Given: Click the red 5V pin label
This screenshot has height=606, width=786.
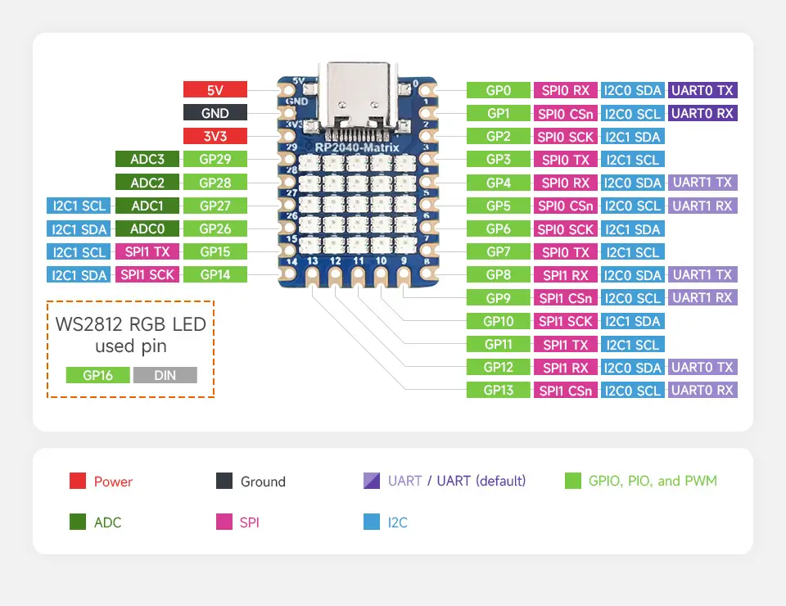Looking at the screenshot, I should (x=215, y=90).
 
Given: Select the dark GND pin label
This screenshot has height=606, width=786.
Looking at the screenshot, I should (x=215, y=113).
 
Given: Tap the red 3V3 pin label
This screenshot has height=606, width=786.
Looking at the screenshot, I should (x=215, y=136).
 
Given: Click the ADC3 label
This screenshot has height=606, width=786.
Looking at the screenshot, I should (x=147, y=159).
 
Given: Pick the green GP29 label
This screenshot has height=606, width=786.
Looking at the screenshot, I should (x=215, y=159).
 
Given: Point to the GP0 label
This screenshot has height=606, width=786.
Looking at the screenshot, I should (x=498, y=90).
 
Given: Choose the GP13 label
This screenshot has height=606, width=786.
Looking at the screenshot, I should (x=498, y=390).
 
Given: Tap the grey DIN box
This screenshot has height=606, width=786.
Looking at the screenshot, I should (x=165, y=375).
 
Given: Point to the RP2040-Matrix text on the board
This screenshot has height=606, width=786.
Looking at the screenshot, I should (x=358, y=147).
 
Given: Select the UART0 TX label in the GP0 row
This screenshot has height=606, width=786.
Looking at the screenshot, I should (x=702, y=90).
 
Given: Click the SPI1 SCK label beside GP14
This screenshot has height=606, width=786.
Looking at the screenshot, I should (x=147, y=274).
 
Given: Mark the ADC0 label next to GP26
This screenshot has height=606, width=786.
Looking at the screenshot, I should (x=147, y=228).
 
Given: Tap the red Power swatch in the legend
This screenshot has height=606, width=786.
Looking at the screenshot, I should (x=78, y=482).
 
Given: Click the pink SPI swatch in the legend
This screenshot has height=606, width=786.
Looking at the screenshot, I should (x=224, y=522).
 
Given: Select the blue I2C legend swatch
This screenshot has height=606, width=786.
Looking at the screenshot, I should (x=371, y=522).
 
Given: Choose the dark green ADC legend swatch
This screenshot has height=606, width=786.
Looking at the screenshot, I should (x=78, y=522).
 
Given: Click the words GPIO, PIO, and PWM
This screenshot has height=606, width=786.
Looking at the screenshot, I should (x=652, y=481).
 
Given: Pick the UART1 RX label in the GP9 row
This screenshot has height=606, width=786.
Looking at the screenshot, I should (x=702, y=297).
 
